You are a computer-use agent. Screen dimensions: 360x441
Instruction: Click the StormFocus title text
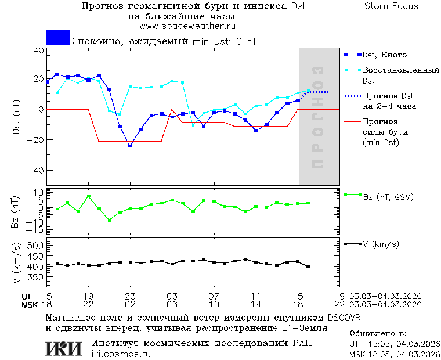click(x=392, y=7)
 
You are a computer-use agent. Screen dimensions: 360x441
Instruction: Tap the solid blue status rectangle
click(x=58, y=38)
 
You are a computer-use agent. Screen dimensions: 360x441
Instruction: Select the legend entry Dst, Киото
click(x=384, y=55)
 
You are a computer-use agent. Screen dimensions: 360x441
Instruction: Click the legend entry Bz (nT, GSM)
click(x=388, y=197)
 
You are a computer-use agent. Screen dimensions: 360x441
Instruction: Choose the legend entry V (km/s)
click(x=381, y=244)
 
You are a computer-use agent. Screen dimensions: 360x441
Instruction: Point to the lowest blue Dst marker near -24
click(x=130, y=146)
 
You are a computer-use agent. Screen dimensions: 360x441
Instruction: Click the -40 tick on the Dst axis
click(x=37, y=171)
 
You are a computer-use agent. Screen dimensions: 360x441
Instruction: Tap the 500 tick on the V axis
click(x=37, y=246)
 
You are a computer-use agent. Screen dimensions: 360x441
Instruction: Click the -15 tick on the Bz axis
click(x=36, y=231)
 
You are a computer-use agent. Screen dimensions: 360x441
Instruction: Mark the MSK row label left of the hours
click(x=29, y=304)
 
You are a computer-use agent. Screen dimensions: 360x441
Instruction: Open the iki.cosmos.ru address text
click(x=121, y=354)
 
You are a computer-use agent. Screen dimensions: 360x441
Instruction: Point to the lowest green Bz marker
click(x=109, y=220)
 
